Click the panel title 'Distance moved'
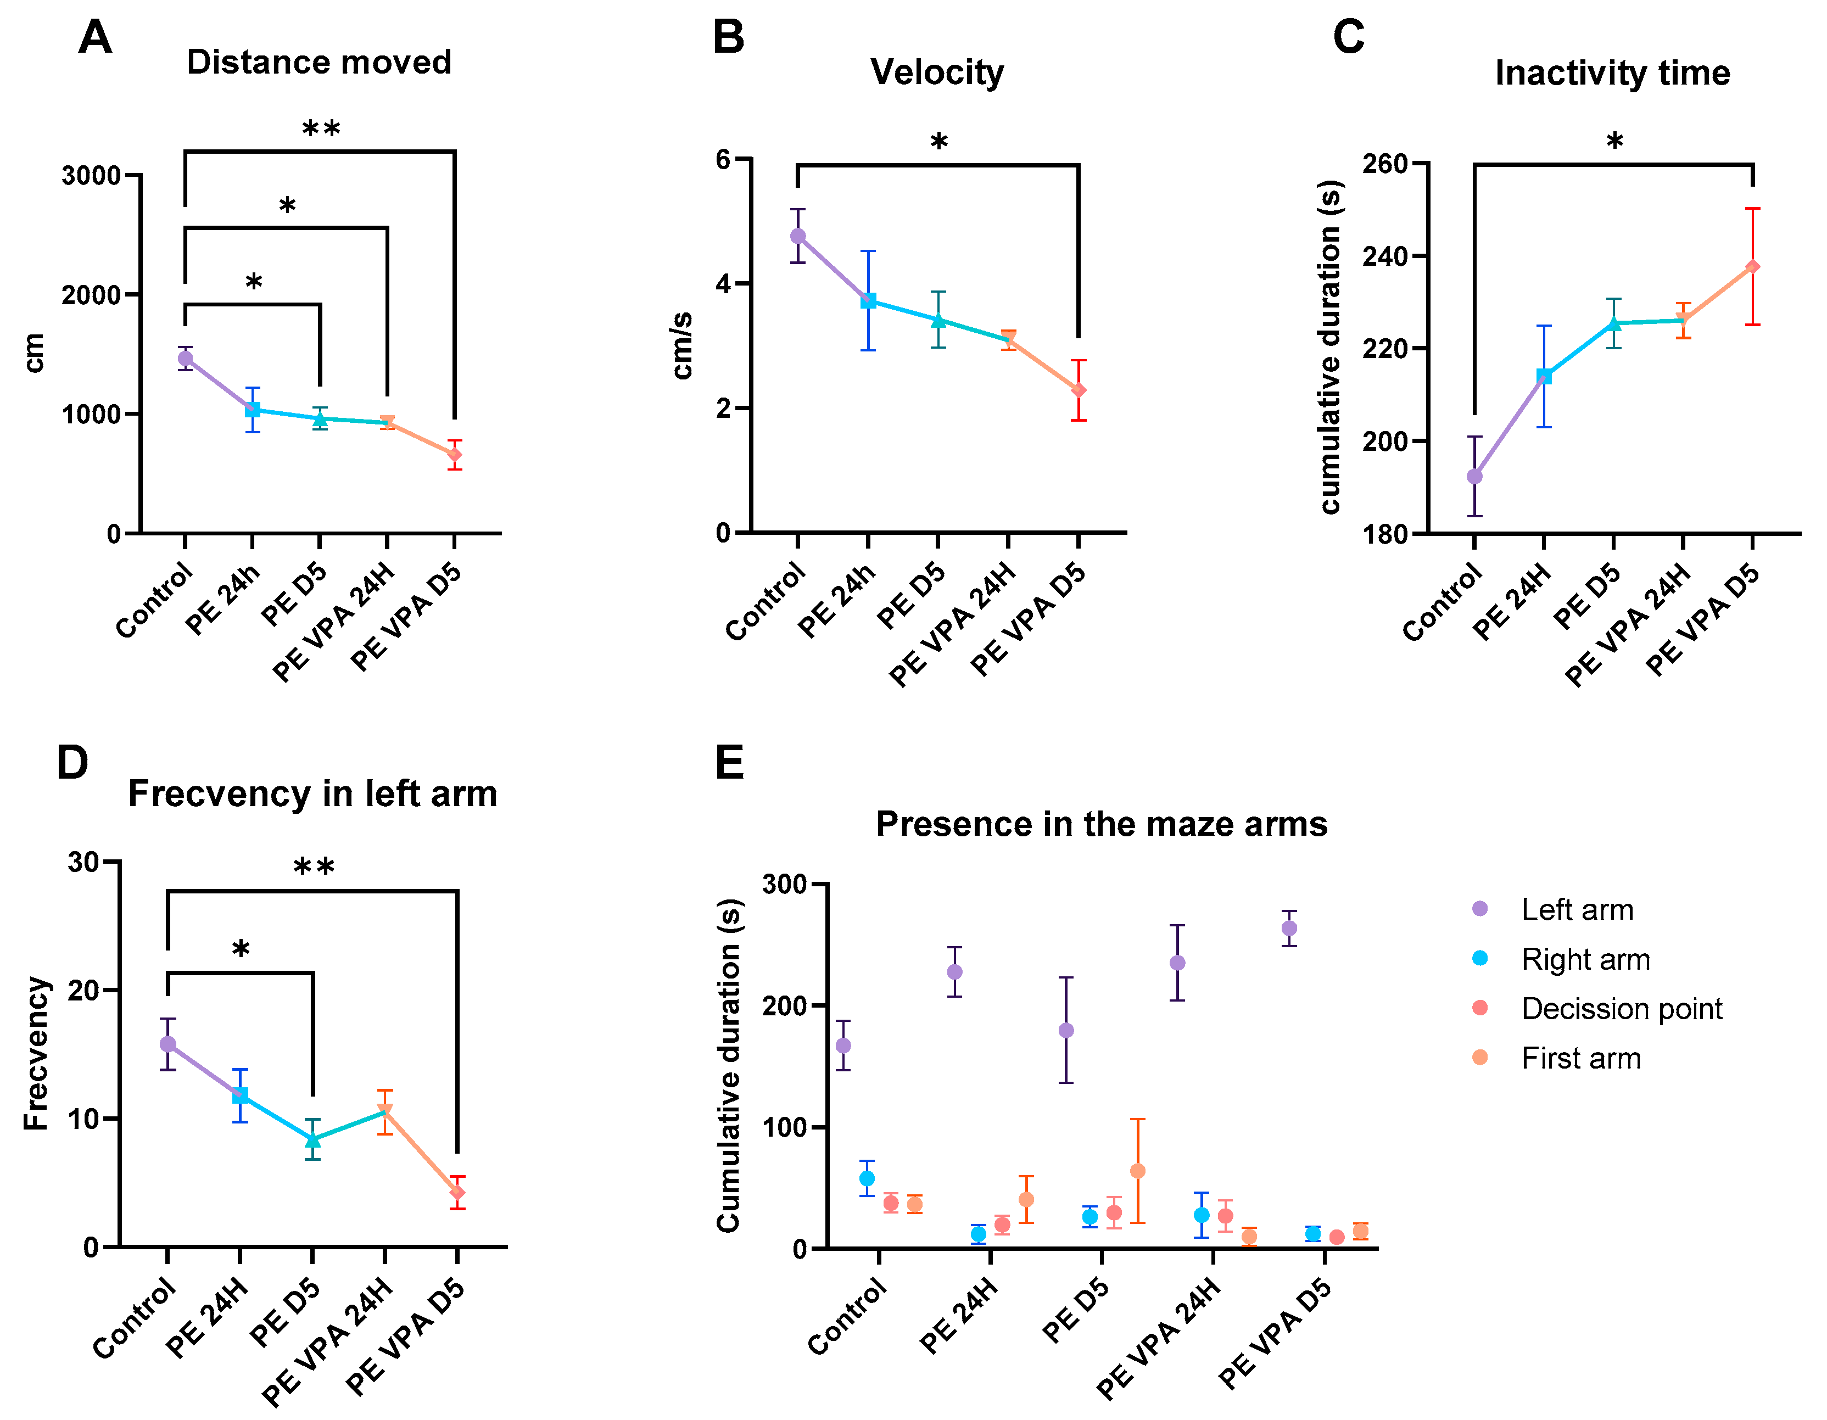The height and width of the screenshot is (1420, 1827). point(319,63)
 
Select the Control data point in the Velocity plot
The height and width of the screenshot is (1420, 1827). point(798,237)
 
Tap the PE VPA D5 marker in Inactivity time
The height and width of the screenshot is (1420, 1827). point(1752,267)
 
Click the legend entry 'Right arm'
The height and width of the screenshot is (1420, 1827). point(1585,959)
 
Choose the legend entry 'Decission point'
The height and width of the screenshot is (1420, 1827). point(1621,1009)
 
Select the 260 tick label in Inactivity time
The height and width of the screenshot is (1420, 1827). point(1384,164)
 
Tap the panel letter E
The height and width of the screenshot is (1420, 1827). point(729,763)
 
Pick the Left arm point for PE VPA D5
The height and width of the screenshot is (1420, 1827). point(1289,928)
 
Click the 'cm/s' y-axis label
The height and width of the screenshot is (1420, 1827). point(683,345)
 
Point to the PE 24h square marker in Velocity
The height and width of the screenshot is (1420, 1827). point(868,301)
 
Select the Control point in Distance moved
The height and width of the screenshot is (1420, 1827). point(185,359)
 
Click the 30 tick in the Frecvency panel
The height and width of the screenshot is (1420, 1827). point(83,862)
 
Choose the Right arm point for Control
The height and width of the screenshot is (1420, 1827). point(867,1178)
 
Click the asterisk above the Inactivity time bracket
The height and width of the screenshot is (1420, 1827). point(1614,141)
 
